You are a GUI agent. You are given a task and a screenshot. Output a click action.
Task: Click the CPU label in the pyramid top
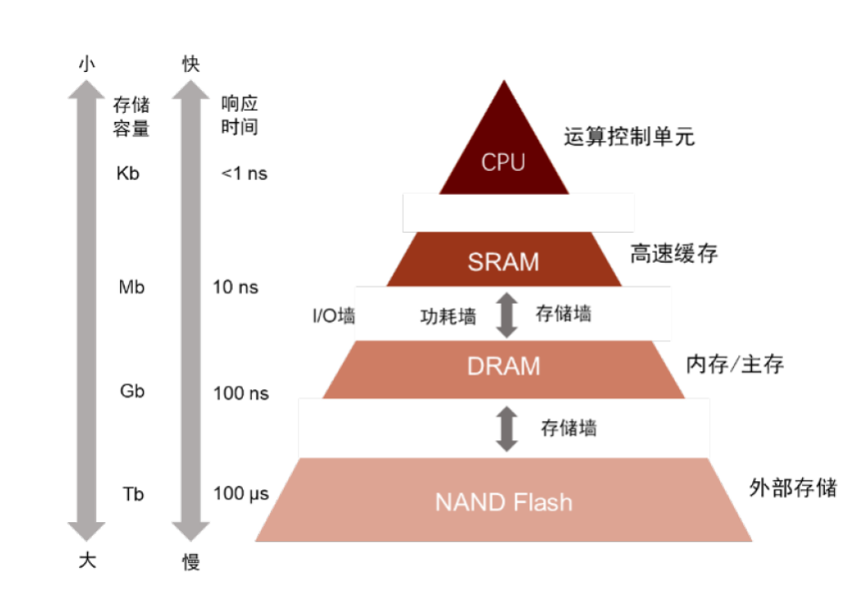click(x=503, y=163)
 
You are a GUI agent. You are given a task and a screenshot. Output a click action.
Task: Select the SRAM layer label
click(x=503, y=262)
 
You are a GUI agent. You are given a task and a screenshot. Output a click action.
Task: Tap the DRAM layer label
click(x=503, y=366)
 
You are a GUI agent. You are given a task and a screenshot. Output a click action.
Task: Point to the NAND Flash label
click(x=503, y=501)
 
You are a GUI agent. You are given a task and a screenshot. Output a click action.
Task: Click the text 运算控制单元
click(x=629, y=138)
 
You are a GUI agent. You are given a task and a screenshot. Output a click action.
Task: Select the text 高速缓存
click(x=674, y=254)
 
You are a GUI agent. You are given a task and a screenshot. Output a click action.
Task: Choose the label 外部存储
click(x=793, y=487)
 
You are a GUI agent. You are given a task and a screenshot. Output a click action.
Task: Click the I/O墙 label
click(x=327, y=316)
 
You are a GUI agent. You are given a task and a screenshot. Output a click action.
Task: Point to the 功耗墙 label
click(x=447, y=317)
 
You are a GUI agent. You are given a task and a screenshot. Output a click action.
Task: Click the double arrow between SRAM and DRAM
click(x=507, y=315)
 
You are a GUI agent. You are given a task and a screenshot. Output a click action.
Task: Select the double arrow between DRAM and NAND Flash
click(x=507, y=427)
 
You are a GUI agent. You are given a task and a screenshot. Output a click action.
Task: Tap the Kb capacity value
click(x=129, y=173)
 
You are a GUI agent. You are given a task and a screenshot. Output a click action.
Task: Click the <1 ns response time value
click(x=245, y=173)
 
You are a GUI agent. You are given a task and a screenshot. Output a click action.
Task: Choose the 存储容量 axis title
click(x=131, y=116)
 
